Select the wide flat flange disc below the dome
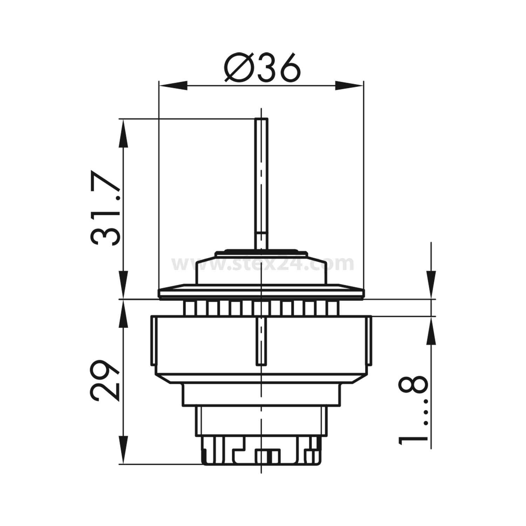(x=261, y=291)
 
